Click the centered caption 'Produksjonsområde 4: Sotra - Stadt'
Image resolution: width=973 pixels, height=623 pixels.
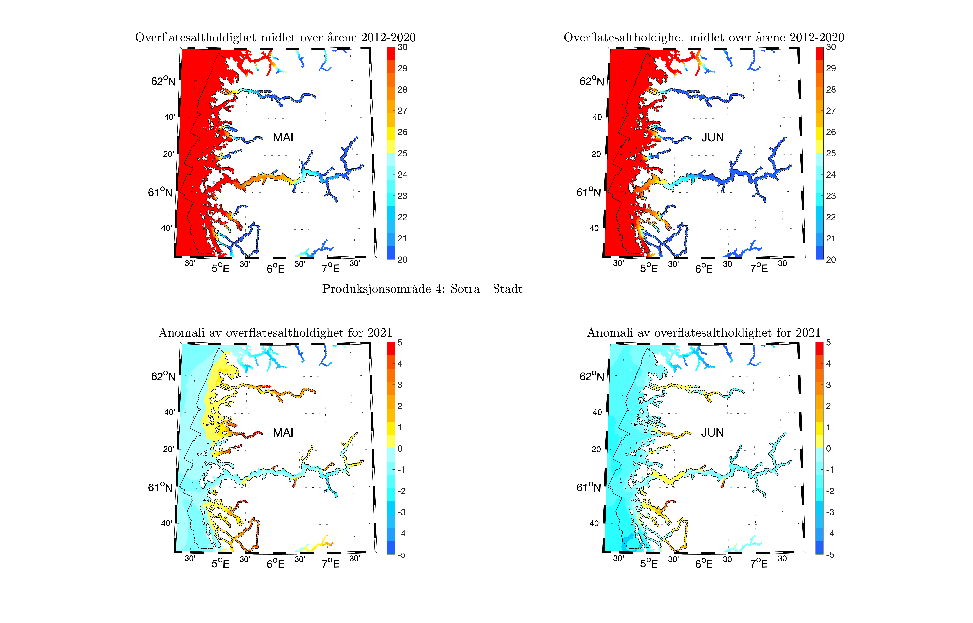tap(422, 289)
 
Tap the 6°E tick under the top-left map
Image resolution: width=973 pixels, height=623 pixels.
tap(275, 269)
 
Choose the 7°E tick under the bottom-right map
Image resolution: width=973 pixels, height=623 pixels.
tap(759, 564)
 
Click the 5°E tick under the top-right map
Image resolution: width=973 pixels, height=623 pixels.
tap(649, 269)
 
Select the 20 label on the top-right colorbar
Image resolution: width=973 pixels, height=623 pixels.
tap(831, 260)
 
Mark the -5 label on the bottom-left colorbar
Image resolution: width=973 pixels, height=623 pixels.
tap(401, 555)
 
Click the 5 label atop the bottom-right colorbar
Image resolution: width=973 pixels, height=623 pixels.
tap(828, 343)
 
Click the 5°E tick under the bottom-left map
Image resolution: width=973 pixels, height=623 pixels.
tap(220, 564)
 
